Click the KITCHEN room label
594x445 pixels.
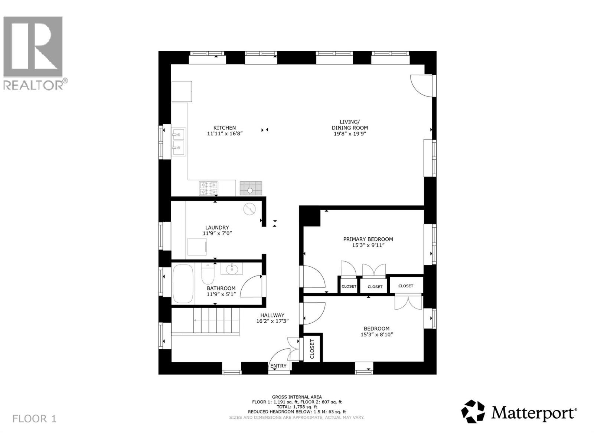click(225, 128)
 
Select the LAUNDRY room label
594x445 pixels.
click(217, 228)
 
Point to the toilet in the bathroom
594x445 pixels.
click(208, 273)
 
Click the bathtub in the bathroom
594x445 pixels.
click(183, 283)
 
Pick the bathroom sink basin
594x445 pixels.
click(232, 268)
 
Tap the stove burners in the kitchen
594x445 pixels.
click(209, 188)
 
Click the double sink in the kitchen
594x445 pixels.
click(179, 142)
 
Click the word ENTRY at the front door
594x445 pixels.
click(278, 366)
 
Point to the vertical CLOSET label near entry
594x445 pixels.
click(312, 349)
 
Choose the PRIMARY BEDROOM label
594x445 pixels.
click(368, 239)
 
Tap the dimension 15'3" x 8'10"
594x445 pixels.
click(376, 334)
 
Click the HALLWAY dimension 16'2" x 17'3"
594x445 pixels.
click(272, 321)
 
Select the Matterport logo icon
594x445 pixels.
click(473, 411)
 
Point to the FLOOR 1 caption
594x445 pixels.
click(34, 419)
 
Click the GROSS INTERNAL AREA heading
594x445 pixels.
click(297, 397)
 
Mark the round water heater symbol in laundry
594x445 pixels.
click(249, 209)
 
